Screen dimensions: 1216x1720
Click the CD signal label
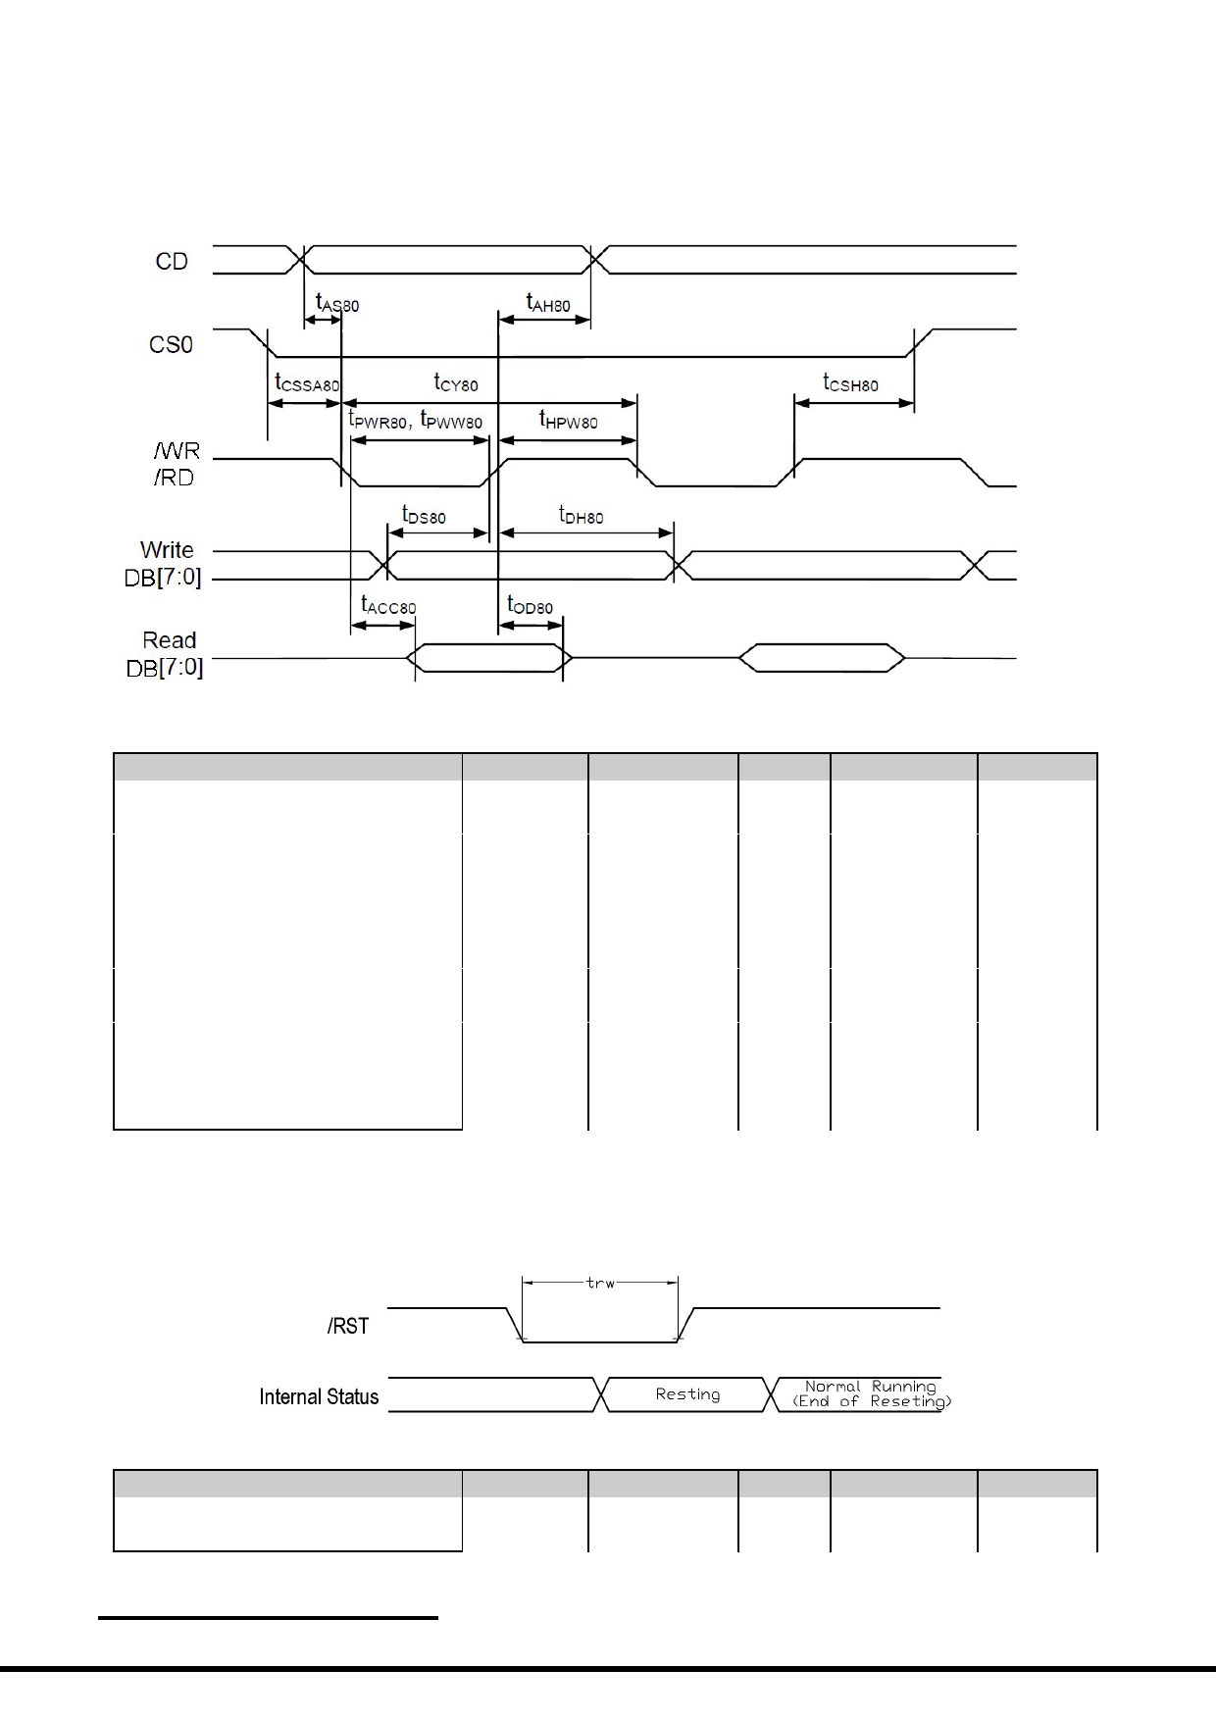coord(172,262)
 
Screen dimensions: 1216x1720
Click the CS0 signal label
coord(171,345)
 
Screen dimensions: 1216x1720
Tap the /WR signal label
coord(177,451)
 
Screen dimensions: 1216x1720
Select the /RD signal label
coord(174,478)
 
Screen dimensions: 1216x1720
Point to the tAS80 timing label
coord(337,303)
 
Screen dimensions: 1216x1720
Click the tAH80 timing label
coord(548,303)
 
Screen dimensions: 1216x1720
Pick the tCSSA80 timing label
coord(307,383)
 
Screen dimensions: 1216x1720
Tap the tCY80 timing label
coord(456,382)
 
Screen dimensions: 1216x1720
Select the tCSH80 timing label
coord(850,382)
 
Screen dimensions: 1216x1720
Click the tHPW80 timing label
coord(568,421)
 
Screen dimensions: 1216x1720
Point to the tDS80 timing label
coord(424,515)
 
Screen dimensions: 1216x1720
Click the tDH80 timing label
coord(581,515)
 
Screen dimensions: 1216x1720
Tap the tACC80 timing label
coord(388,606)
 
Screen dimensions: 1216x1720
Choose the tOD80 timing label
coord(530,606)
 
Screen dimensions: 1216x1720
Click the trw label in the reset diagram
coord(600,1282)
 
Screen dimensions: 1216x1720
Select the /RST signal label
coord(348,1326)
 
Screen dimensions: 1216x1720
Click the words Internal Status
coord(319,1396)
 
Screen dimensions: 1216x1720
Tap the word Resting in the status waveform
coord(687,1394)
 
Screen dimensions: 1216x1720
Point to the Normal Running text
coord(871,1387)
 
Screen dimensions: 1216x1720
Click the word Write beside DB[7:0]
coord(167,550)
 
